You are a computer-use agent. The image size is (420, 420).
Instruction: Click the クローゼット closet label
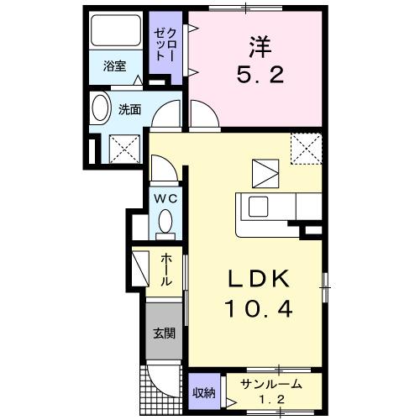coord(162,43)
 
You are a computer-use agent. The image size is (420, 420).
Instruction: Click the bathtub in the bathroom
coord(115,34)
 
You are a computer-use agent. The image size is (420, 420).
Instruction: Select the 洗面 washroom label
coord(129,108)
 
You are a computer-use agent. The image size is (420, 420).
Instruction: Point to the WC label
coord(164,199)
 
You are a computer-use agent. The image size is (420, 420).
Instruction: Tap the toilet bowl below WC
coord(165,223)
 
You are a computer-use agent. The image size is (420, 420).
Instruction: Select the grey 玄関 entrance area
coord(163,333)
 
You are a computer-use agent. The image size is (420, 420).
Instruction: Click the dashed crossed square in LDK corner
coord(304,149)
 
